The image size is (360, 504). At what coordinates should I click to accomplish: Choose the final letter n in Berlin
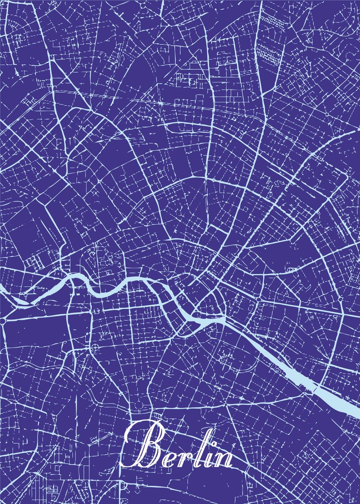point(223,459)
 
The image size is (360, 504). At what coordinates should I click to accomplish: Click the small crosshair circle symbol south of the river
point(96,347)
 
